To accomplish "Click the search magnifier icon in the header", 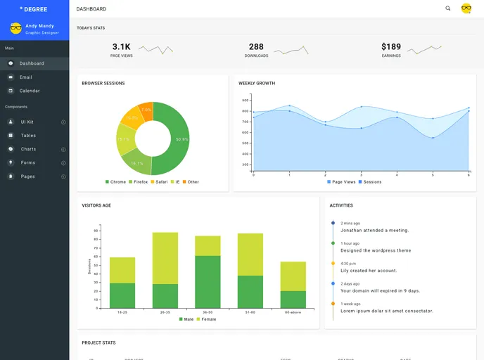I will (x=448, y=8).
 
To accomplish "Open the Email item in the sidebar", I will (x=25, y=77).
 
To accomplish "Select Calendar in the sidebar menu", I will (x=29, y=91).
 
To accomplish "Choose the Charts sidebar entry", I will (x=28, y=149).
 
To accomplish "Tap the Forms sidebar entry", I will (x=27, y=162).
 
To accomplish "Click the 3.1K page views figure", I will (x=121, y=46).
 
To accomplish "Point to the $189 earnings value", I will (x=391, y=46).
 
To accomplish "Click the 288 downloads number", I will (x=256, y=46).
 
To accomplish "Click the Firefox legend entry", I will (x=138, y=182).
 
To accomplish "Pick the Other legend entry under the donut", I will (x=191, y=182).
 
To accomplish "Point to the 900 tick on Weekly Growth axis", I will (x=246, y=100).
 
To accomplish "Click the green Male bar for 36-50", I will (x=208, y=281).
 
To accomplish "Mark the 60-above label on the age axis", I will (x=293, y=312).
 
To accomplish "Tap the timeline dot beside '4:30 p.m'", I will (x=333, y=263).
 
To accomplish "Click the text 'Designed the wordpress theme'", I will (x=376, y=250).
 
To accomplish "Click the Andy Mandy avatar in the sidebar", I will (x=15, y=28).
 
